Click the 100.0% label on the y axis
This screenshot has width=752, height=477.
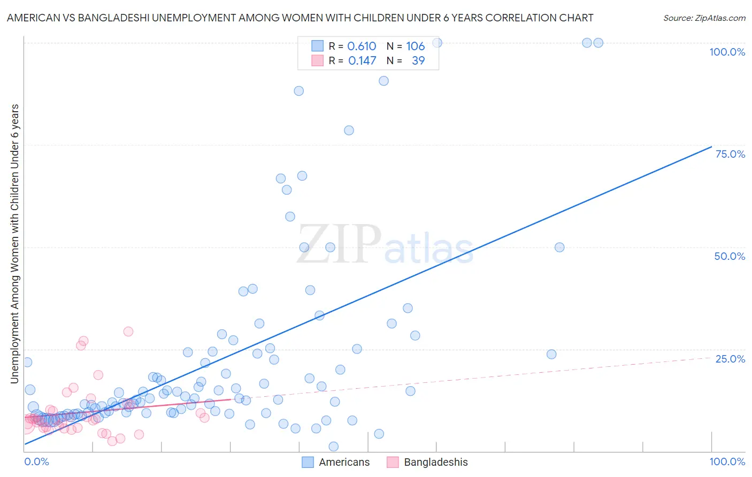(727, 52)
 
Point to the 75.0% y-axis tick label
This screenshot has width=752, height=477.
(730, 154)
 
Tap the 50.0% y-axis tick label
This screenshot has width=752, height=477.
(730, 256)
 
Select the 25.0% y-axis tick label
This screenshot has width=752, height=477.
(730, 359)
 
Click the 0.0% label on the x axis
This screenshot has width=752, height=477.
(36, 461)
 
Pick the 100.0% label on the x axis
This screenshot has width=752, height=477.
(727, 461)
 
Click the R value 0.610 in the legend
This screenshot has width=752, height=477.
(362, 46)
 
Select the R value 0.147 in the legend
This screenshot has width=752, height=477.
(362, 60)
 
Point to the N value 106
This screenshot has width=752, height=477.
(415, 46)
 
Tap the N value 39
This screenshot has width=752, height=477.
(418, 60)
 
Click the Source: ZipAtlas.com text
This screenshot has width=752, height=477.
(704, 18)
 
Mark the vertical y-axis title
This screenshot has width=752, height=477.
(14, 243)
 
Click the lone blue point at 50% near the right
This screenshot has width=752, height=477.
(559, 247)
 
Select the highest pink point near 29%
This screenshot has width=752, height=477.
(128, 332)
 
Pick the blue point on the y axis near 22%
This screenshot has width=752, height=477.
(27, 362)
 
